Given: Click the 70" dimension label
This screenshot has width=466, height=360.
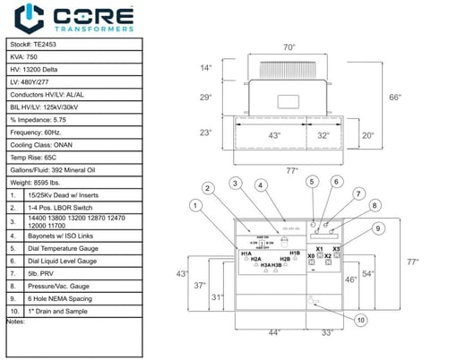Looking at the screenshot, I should [289, 47].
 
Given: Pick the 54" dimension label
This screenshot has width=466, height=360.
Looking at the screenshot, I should [367, 273].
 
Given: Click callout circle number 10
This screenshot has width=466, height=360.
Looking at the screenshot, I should [359, 320].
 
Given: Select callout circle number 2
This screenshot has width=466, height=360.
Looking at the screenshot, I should [208, 188].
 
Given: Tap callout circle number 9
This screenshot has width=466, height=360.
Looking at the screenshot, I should [379, 227].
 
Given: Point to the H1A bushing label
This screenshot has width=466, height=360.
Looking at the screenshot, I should [246, 254].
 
